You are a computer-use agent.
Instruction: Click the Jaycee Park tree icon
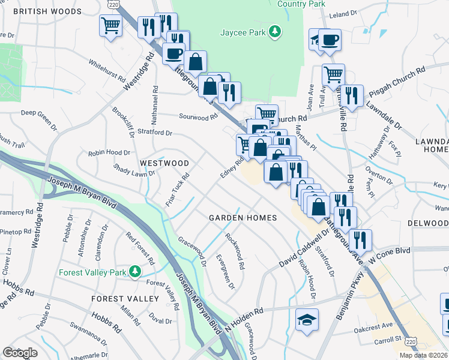click(275, 31)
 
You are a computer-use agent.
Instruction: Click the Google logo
click(20, 353)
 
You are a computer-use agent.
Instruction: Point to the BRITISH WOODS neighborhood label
click(47, 11)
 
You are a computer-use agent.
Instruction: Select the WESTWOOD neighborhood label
click(164, 163)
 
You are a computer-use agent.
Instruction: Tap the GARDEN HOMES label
click(243, 218)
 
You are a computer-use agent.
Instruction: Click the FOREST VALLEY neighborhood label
click(125, 298)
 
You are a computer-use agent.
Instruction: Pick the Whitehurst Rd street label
click(106, 70)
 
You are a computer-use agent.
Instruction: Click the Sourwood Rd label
click(197, 117)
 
